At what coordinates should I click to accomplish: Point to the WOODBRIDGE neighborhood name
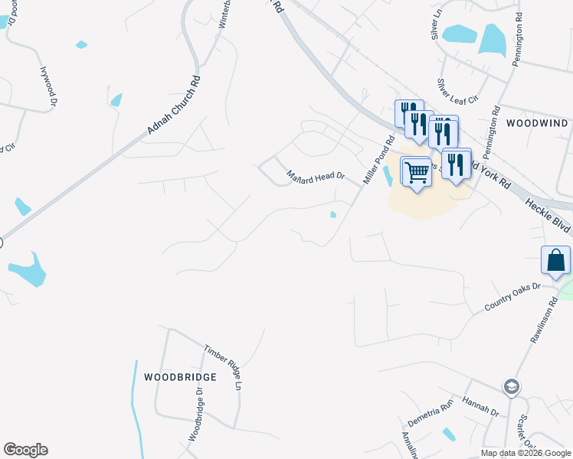pos(180,377)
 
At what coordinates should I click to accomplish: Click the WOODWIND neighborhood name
pos(537,123)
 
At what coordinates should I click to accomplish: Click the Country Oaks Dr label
pos(512,297)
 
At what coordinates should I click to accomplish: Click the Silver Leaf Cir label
pos(457,90)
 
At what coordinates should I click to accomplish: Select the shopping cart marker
pos(416,171)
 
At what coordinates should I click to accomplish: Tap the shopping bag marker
pos(555,260)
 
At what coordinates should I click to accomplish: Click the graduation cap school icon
pos(511,386)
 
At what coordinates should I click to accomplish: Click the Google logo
pos(25,450)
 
